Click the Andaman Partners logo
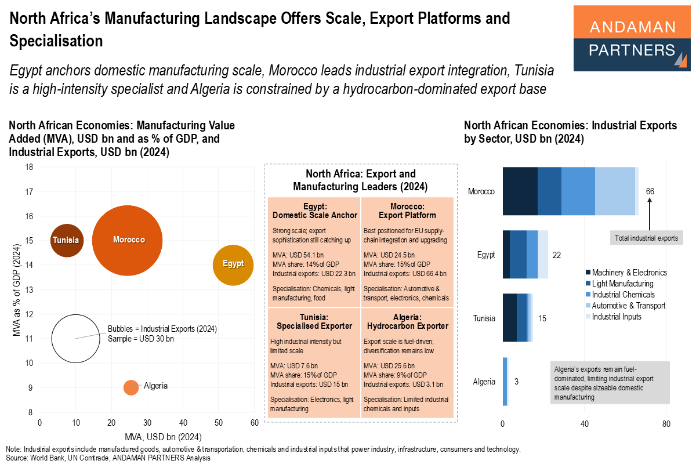[632, 38]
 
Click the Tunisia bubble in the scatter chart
[66, 240]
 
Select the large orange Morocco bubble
[129, 240]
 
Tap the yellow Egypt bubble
[233, 264]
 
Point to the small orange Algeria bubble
[131, 387]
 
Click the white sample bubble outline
[75, 338]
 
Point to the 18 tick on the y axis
[28, 167]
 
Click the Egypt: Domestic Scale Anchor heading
[314, 211]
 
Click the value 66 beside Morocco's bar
[650, 191]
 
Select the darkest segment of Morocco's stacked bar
[520, 191]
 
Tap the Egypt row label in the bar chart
[486, 255]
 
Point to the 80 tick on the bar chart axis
[666, 424]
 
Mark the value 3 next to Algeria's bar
[516, 382]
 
